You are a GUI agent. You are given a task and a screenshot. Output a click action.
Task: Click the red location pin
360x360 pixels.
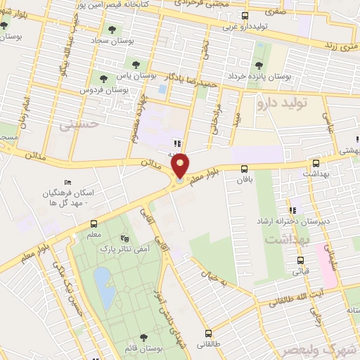(x=181, y=165)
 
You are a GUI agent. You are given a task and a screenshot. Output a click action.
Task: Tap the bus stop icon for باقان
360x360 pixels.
(x=245, y=169)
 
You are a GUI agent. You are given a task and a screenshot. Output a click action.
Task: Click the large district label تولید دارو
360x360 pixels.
(x=303, y=103)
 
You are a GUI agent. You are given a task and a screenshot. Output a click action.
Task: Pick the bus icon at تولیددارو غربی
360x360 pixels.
(x=245, y=15)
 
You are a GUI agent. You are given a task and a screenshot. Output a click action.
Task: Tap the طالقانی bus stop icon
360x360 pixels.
(x=207, y=333)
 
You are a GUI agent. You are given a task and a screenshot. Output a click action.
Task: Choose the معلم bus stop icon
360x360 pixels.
(x=94, y=224)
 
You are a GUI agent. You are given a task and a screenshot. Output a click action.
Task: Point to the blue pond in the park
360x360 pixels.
(x=103, y=287)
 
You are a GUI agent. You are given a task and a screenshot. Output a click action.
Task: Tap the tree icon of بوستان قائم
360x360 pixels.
(x=143, y=337)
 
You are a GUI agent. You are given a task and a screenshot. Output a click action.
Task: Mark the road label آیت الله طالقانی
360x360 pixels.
(x=296, y=301)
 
